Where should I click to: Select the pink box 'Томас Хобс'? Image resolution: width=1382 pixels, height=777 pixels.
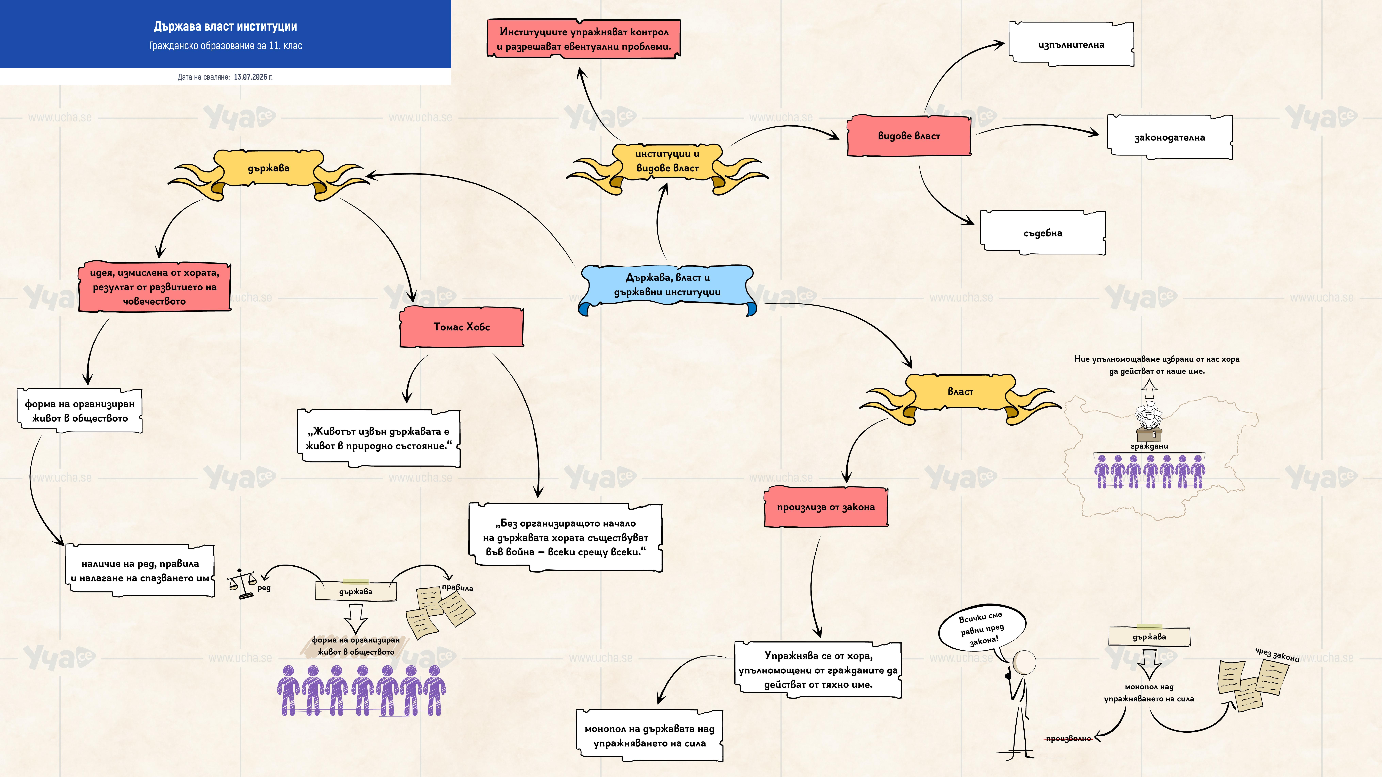pos(461,327)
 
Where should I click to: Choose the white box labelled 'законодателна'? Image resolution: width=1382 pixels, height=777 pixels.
pos(1170,137)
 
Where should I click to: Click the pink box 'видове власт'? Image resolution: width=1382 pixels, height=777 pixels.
pos(909,136)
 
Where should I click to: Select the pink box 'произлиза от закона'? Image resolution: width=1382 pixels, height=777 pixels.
pos(826,507)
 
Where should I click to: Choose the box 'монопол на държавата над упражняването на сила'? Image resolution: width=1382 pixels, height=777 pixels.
pos(650,736)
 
